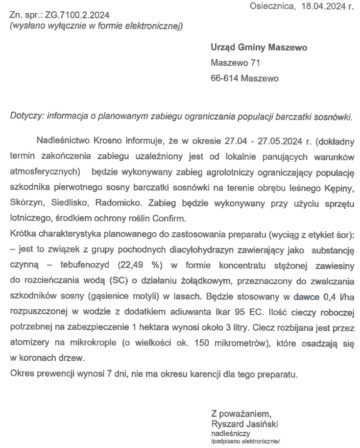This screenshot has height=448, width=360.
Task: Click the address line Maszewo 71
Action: coord(235,63)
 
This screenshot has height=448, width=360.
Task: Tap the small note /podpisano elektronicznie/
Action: coord(245,441)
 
